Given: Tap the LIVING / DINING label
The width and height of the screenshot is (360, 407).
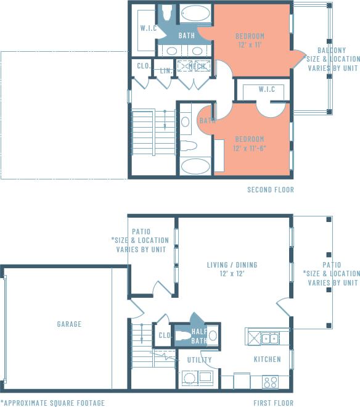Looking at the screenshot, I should tap(232, 265).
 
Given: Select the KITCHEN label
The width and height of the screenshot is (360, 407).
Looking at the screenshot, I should tap(267, 359).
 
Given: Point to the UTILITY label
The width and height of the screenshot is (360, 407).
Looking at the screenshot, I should tap(199, 360).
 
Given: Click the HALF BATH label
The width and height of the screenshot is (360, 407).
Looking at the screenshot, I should tap(199, 336).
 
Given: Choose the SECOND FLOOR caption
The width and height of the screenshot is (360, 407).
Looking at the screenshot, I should tap(270, 190).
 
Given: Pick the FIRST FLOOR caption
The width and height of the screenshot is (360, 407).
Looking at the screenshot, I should tap(274, 403).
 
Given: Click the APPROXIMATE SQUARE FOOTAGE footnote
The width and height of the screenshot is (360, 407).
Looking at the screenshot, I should tap(52, 403).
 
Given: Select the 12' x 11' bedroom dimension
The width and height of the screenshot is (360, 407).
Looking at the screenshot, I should tap(249, 45).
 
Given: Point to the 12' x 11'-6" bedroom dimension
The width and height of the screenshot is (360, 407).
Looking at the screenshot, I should tap(249, 148).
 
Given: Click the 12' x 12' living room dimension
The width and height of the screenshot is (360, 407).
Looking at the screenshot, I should tap(232, 274).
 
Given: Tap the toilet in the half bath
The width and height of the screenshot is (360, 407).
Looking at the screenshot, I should tap(184, 336).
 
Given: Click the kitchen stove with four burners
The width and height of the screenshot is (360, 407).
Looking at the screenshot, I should tap(270, 382).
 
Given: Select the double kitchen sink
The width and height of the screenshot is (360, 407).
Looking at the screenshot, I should tap(269, 338).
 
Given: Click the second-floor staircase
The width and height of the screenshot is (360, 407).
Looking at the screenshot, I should tap(153, 132).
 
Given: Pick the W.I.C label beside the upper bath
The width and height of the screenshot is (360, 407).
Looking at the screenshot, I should tap(149, 28).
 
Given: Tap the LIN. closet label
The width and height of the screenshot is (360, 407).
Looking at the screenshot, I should tap(165, 71).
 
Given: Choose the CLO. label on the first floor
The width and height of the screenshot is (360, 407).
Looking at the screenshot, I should tap(164, 335).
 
